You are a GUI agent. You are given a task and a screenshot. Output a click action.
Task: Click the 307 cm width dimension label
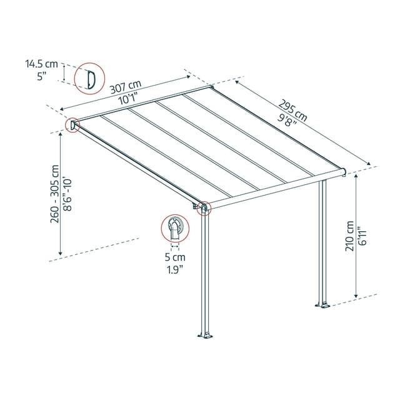pyautogui.click(x=126, y=86)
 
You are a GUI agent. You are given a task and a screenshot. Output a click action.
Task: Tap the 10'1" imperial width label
pyautogui.click(x=128, y=99)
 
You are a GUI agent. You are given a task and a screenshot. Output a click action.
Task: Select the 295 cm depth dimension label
pyautogui.click(x=292, y=111)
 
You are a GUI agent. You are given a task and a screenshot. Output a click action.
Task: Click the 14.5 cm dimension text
pyautogui.click(x=42, y=64)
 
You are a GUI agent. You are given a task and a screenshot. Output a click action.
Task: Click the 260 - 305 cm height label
pyautogui.click(x=54, y=194)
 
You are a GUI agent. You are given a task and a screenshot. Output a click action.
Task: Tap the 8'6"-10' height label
pyautogui.click(x=67, y=194)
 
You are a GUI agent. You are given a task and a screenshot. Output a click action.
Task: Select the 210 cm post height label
pyautogui.click(x=349, y=236)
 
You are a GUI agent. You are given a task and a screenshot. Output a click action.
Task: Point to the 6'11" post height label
pyautogui.click(x=362, y=236)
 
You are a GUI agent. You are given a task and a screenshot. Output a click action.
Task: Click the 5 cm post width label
pyautogui.click(x=175, y=257)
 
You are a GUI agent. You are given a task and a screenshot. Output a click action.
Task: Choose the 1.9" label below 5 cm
pyautogui.click(x=175, y=269)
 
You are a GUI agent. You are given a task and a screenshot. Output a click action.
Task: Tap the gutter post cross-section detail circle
pyautogui.click(x=175, y=228)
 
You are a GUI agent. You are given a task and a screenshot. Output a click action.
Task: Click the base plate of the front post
pyautogui.click(x=206, y=335)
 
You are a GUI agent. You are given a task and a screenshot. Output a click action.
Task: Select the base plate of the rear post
pyautogui.click(x=323, y=305)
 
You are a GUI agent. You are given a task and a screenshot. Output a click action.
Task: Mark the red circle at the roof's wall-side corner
pyautogui.click(x=72, y=125)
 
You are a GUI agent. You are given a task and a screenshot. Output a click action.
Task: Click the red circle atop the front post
pyautogui.click(x=204, y=208)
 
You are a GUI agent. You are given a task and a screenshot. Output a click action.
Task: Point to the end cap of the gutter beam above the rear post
pyautogui.click(x=343, y=172)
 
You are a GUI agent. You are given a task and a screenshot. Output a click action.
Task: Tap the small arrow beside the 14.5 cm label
pyautogui.click(x=64, y=72)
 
